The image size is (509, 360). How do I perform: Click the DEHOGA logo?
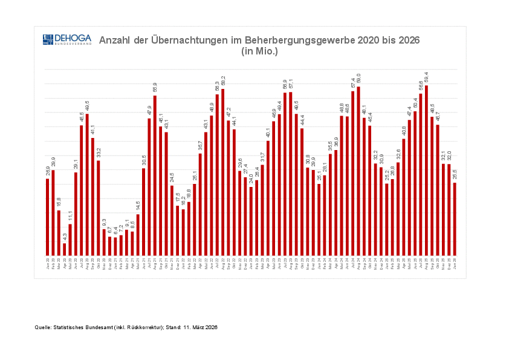pyautogui.click(x=66, y=40)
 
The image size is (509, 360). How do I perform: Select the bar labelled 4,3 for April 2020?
pyautogui.click(x=65, y=249)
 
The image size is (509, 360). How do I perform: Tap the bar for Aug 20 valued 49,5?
pyautogui.click(x=87, y=185)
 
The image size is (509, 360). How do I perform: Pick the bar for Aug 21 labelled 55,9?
pyautogui.click(x=155, y=175)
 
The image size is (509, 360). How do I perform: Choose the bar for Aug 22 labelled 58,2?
pyautogui.click(x=223, y=172)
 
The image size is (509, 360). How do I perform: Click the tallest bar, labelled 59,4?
pyautogui.click(x=427, y=171)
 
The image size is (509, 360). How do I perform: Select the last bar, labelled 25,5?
pyautogui.click(x=455, y=219)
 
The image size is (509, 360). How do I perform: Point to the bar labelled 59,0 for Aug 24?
pyautogui.click(x=358, y=171)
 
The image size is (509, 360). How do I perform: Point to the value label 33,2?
pyautogui.click(x=99, y=153)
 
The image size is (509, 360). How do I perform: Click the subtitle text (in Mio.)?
pyautogui.click(x=259, y=51)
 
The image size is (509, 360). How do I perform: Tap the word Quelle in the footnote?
pyautogui.click(x=44, y=327)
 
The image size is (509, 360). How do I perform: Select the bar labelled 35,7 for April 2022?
pyautogui.click(x=200, y=205)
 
